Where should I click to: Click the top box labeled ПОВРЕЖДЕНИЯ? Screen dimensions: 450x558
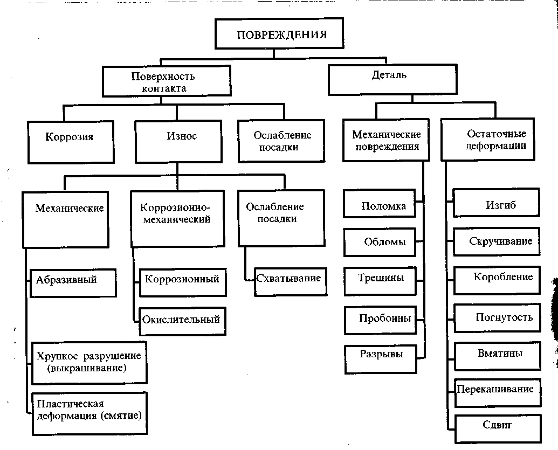(x=282, y=35)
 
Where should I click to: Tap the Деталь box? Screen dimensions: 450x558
(x=392, y=80)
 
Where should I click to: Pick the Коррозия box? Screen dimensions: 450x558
(x=71, y=141)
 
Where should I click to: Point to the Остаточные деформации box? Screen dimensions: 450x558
(x=495, y=139)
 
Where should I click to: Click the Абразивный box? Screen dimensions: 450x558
(x=73, y=282)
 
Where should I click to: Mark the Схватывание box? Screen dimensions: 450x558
(x=290, y=280)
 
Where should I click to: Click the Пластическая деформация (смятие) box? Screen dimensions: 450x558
(x=89, y=413)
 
